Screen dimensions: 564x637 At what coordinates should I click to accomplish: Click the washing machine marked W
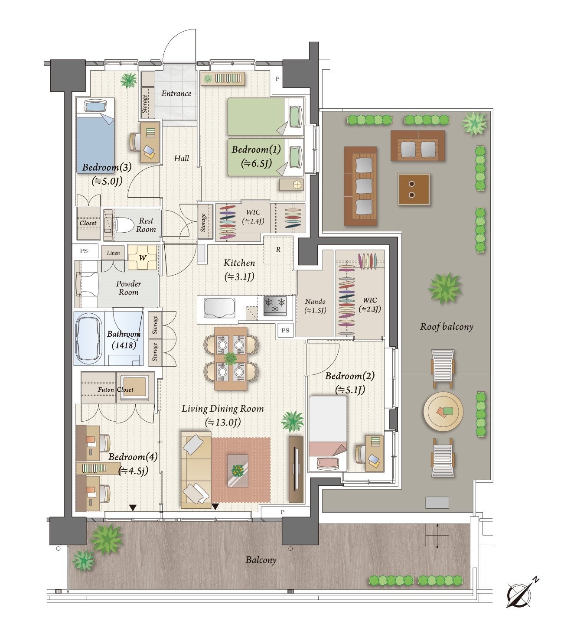tap(142, 257)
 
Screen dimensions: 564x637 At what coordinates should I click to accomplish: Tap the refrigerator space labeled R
tap(278, 250)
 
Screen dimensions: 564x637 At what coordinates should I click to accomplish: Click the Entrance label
tap(176, 93)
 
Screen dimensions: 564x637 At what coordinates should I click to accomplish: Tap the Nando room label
tap(315, 302)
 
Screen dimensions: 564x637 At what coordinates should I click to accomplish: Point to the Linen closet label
tap(113, 253)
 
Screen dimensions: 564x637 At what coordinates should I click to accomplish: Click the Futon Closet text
tap(115, 390)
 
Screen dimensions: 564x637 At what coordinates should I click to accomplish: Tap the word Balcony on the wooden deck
tap(261, 560)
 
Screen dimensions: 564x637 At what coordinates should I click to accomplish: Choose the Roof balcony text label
tap(447, 327)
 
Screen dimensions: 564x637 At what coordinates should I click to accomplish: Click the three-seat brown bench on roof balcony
tap(360, 186)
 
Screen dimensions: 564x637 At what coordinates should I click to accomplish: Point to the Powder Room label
tap(129, 288)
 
